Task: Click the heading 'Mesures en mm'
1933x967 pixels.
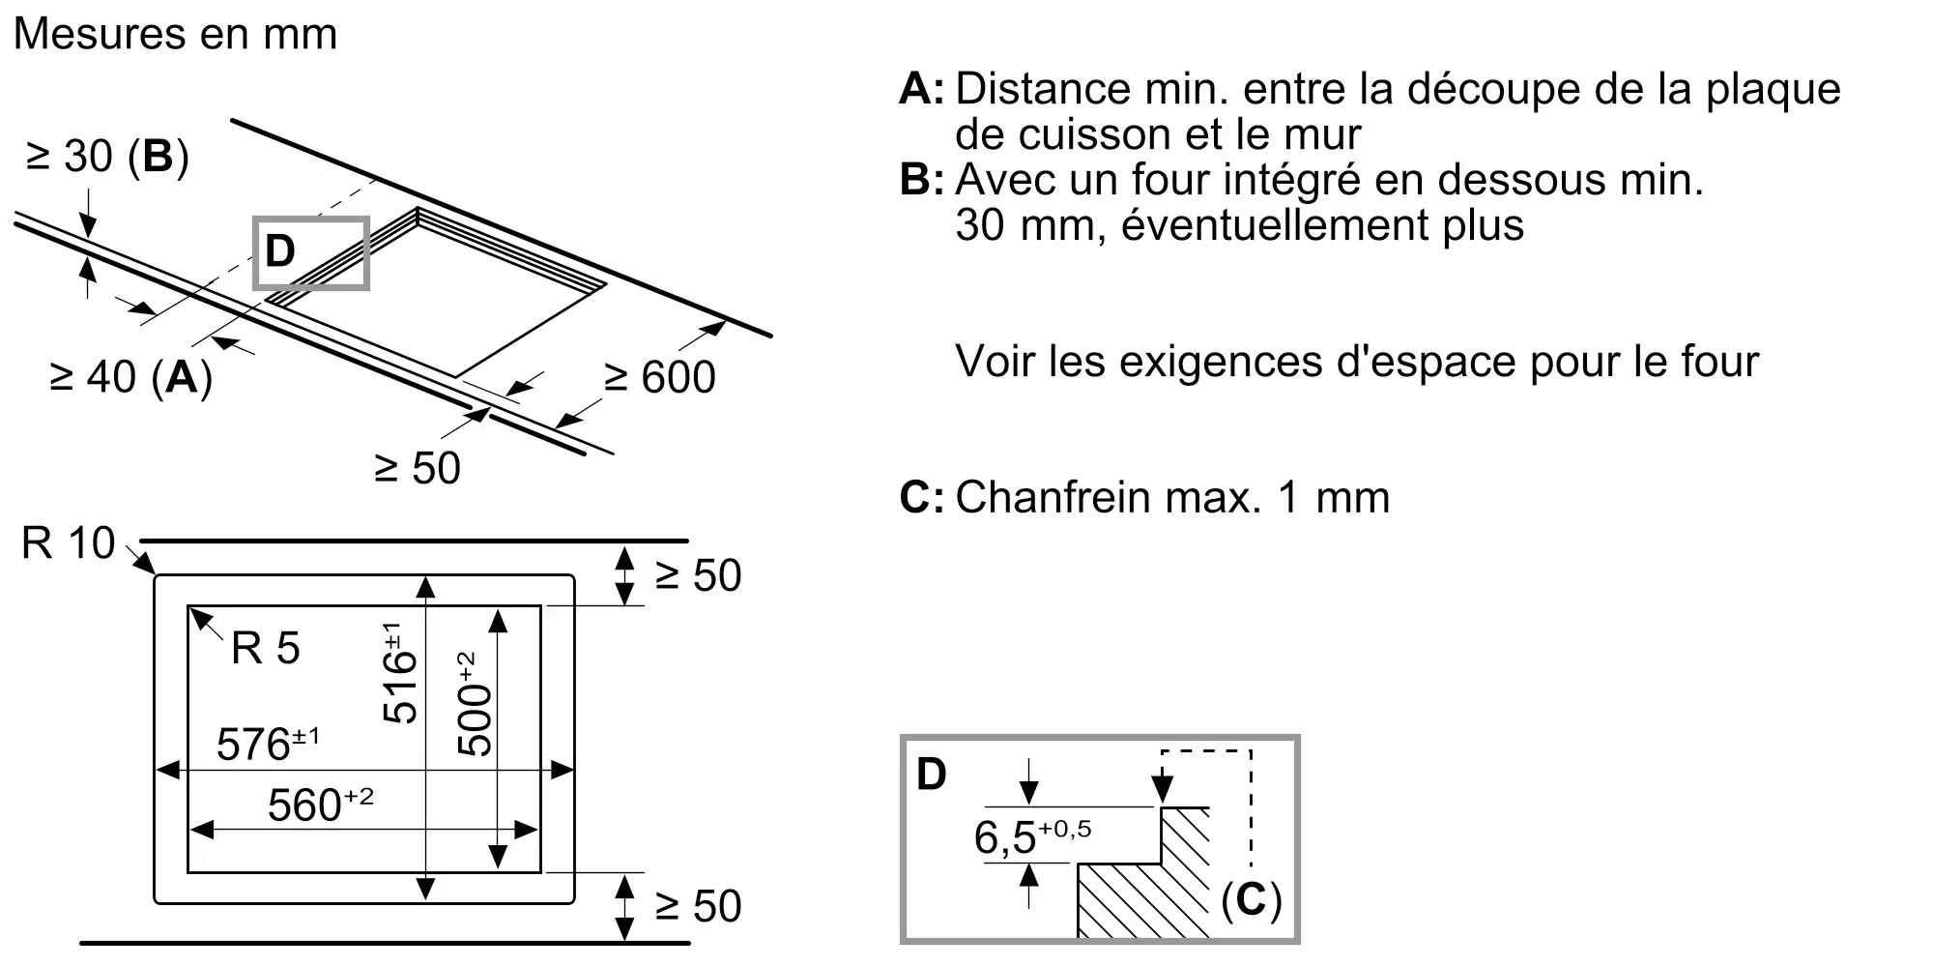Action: click(x=175, y=35)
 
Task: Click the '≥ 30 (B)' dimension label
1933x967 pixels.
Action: click(x=107, y=157)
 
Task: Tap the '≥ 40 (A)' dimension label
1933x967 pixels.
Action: click(x=130, y=377)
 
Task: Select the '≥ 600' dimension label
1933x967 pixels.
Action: click(x=659, y=377)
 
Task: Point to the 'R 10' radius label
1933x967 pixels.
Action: click(x=68, y=543)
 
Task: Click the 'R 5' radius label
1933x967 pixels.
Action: click(x=265, y=649)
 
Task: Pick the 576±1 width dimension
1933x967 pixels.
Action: click(x=267, y=744)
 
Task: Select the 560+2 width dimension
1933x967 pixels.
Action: click(x=319, y=805)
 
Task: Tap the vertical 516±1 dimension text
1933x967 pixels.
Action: click(x=398, y=673)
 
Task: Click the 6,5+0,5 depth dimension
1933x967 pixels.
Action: click(x=1031, y=835)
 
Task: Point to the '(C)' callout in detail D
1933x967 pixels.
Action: click(x=1251, y=900)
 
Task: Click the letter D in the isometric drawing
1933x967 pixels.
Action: click(x=280, y=251)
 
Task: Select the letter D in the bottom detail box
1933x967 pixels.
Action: click(x=931, y=775)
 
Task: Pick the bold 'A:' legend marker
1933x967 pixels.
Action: click(x=921, y=89)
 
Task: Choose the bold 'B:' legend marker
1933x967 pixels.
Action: click(x=921, y=180)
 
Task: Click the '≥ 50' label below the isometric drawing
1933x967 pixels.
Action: click(x=418, y=469)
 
